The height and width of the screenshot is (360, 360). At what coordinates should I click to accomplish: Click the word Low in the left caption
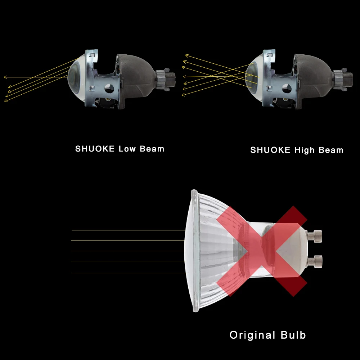point(127,149)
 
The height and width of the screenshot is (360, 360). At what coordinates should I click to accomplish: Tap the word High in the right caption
point(305,150)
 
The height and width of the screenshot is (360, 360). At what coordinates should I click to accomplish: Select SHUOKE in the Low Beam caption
point(95,149)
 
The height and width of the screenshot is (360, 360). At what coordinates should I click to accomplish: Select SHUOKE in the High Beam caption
point(270,150)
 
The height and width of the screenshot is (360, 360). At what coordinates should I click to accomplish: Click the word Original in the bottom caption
point(252,335)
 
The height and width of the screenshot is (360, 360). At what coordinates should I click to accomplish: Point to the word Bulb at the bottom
point(292,335)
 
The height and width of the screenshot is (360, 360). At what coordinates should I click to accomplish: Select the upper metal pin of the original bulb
point(317,235)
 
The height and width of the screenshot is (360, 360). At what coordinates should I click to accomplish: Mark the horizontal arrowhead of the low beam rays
point(5,77)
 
